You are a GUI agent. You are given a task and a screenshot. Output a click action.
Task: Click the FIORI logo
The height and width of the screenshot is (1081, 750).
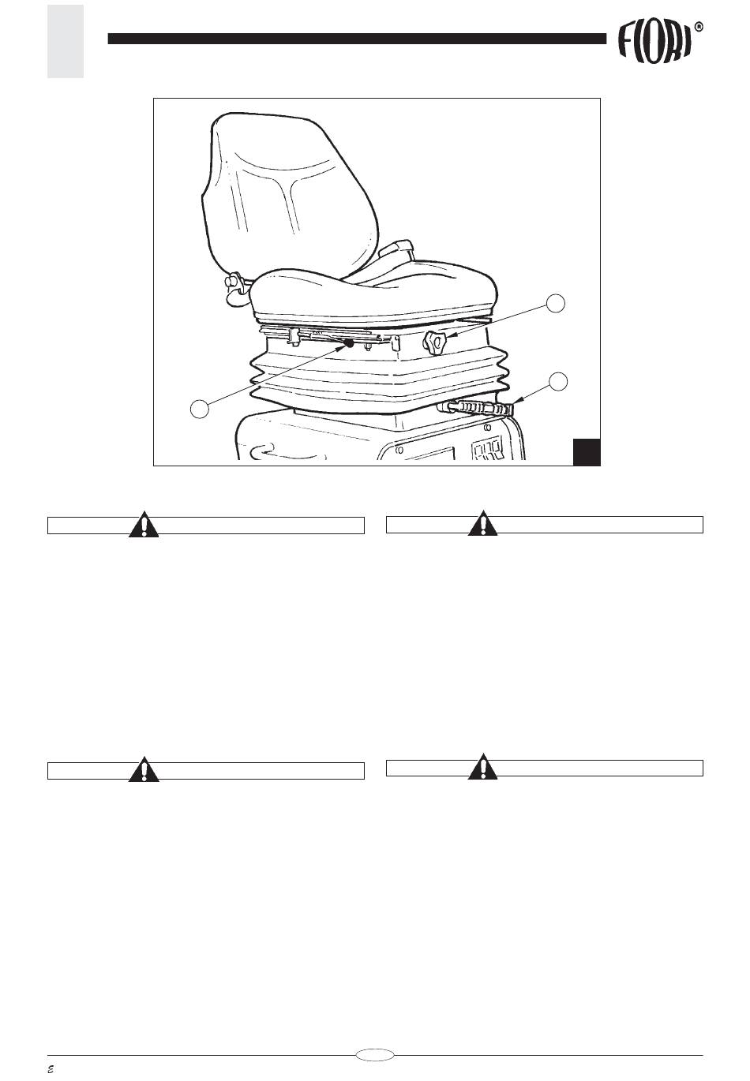654,44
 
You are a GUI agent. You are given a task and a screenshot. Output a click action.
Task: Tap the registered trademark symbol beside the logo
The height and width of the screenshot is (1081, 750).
699,28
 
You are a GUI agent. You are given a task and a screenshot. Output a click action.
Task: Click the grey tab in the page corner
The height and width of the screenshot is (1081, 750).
66,42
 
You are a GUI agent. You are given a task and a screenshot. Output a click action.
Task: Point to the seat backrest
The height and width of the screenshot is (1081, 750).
290,193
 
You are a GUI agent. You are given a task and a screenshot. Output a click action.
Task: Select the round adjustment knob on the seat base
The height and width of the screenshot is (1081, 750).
435,343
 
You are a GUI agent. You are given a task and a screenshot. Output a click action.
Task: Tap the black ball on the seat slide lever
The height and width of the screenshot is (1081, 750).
349,342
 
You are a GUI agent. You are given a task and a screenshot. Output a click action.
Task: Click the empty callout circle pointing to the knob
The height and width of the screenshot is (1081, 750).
555,302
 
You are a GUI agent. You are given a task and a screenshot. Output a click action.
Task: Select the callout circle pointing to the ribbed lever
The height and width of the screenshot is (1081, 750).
558,381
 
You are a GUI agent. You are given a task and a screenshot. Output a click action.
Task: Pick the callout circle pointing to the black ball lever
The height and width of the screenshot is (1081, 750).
199,409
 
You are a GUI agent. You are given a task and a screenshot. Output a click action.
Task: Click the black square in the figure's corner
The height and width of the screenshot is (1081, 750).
587,452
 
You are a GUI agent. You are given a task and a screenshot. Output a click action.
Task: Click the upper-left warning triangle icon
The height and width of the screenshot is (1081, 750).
144,524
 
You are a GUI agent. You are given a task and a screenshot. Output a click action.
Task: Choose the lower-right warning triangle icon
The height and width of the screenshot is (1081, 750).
483,766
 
